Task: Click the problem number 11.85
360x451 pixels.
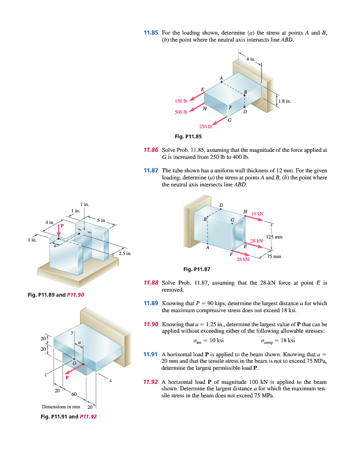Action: tap(150, 33)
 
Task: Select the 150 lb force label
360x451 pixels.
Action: tap(181, 101)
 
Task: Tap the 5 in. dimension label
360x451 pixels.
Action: tap(101, 220)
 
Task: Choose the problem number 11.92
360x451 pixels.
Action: tap(151, 382)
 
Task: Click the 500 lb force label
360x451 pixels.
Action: tap(181, 112)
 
